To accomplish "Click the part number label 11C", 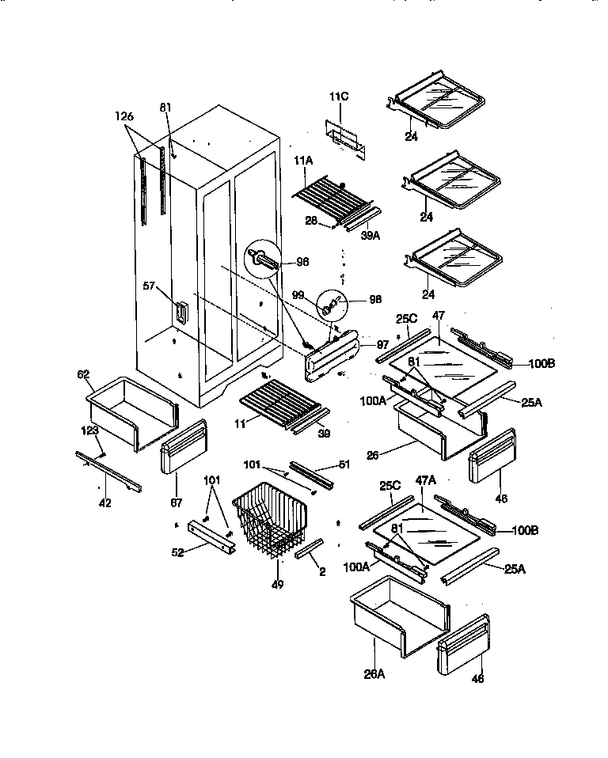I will pyautogui.click(x=338, y=98).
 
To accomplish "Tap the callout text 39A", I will pyautogui.click(x=370, y=234).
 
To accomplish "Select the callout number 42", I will pyautogui.click(x=104, y=502).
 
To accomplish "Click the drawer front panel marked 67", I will pyautogui.click(x=183, y=446).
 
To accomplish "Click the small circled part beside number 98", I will pyautogui.click(x=332, y=302).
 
